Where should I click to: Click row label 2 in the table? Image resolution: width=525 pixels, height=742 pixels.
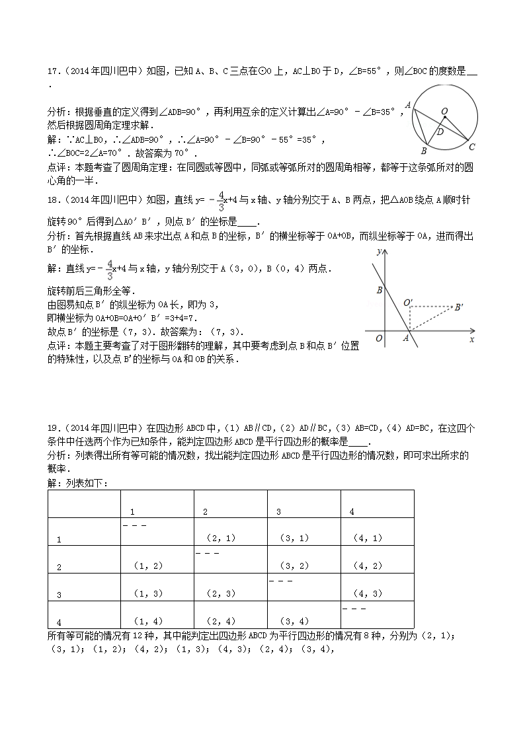(x=59, y=567)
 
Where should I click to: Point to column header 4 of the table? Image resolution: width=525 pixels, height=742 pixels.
(x=352, y=511)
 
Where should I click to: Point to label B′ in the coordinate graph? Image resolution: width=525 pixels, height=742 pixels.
(x=458, y=307)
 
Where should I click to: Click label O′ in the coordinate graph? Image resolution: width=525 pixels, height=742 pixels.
(x=408, y=303)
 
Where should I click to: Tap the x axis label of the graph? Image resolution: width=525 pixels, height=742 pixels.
(x=472, y=339)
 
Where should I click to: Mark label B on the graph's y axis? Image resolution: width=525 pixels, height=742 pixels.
(x=379, y=290)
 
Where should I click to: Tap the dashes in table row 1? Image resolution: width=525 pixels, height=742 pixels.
(x=134, y=525)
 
